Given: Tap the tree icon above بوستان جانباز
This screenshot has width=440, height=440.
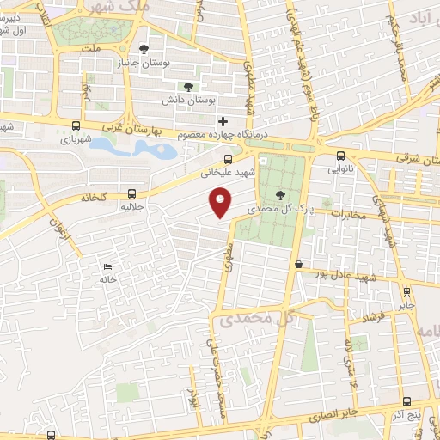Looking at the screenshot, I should pyautogui.click(x=144, y=49).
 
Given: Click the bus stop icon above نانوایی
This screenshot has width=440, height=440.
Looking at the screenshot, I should pyautogui.click(x=342, y=156).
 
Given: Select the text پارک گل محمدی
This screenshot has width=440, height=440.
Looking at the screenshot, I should pyautogui.click(x=275, y=209).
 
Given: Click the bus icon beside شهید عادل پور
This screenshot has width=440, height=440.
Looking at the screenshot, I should pyautogui.click(x=297, y=265).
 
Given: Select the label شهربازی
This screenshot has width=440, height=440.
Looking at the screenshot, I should pyautogui.click(x=73, y=138).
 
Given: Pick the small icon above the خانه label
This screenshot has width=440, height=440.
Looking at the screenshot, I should pyautogui.click(x=107, y=266).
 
